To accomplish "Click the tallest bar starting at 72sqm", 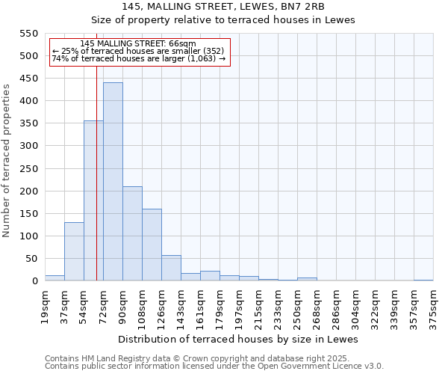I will (113, 182).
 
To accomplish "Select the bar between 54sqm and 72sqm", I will (93, 200).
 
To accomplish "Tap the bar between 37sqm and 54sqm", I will (74, 251).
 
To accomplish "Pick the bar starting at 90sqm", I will (132, 233).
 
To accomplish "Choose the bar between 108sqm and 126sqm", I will (152, 245).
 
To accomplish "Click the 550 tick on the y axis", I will (28, 34).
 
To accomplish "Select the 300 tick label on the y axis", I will (28, 146).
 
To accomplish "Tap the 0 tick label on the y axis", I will (34, 281).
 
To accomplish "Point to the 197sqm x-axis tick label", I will (239, 308).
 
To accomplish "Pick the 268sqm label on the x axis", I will (317, 308).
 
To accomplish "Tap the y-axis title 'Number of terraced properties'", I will (7, 161).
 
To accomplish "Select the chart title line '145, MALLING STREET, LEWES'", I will (223, 6).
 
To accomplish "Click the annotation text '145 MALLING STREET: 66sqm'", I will (137, 43).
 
